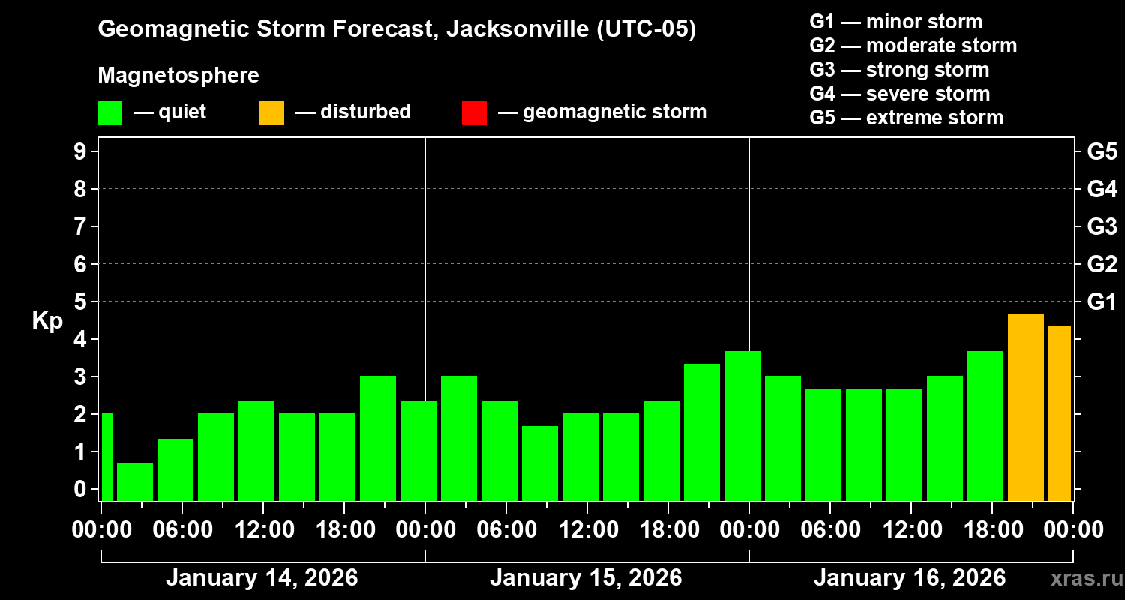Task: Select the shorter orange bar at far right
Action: (x=1059, y=413)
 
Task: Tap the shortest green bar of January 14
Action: (x=135, y=481)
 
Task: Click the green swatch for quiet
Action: (x=109, y=112)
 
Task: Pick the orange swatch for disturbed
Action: (x=271, y=112)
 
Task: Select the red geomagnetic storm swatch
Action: (x=474, y=112)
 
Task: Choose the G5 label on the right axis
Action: (x=1102, y=151)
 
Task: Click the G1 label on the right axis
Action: (x=1102, y=301)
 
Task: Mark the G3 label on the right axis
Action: (x=1102, y=226)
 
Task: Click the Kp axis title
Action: (x=47, y=320)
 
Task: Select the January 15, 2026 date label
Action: (x=586, y=578)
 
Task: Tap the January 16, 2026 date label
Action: (x=910, y=578)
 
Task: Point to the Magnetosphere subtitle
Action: (x=178, y=76)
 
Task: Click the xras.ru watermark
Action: (x=1081, y=578)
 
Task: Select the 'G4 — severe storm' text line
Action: (x=899, y=94)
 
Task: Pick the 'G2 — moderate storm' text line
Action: (x=913, y=46)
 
